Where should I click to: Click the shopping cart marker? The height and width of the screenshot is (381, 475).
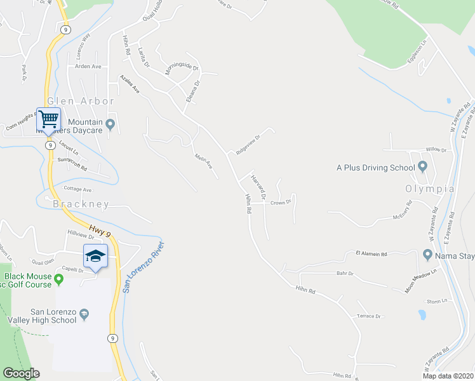click(48, 119)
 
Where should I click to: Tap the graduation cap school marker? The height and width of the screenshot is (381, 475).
click(95, 256)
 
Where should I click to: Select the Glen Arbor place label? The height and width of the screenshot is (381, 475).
click(81, 101)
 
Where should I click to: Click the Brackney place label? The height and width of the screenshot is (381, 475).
click(81, 204)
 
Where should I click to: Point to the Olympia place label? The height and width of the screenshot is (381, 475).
click(430, 189)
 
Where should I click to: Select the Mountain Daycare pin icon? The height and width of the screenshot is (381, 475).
click(110, 124)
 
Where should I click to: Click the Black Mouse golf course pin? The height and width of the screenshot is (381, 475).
click(59, 279)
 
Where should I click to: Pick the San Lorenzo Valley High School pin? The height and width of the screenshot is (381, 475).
click(84, 314)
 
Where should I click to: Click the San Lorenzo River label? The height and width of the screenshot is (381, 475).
click(144, 267)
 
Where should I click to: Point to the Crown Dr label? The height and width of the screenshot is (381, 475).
click(280, 203)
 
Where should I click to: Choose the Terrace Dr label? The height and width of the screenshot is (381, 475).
click(368, 316)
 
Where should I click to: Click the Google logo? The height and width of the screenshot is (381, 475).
click(22, 373)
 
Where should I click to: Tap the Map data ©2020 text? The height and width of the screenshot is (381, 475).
click(447, 376)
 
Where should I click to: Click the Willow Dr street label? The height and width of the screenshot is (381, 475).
click(436, 150)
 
